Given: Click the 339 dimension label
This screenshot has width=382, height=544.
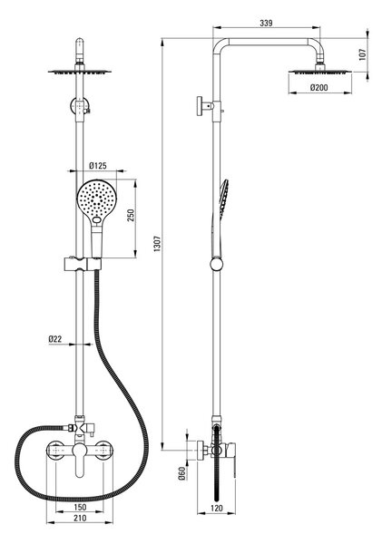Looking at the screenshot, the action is point(266,24).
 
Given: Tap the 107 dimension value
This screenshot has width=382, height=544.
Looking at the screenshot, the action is point(363,54).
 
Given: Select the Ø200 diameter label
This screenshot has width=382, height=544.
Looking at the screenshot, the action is point(318,87).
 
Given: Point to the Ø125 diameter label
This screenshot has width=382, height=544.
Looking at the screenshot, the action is point(98,166).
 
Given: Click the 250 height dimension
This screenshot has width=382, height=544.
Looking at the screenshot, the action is point(132,216).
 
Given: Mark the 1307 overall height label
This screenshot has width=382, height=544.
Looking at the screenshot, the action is point(158,244).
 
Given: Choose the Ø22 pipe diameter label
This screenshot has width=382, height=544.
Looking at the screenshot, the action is point(55,338).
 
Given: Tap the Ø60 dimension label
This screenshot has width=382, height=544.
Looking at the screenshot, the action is point(181,473).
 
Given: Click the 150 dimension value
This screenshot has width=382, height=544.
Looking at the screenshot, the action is point(80,507).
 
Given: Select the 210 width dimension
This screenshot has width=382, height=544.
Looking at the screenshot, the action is point(80,518).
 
